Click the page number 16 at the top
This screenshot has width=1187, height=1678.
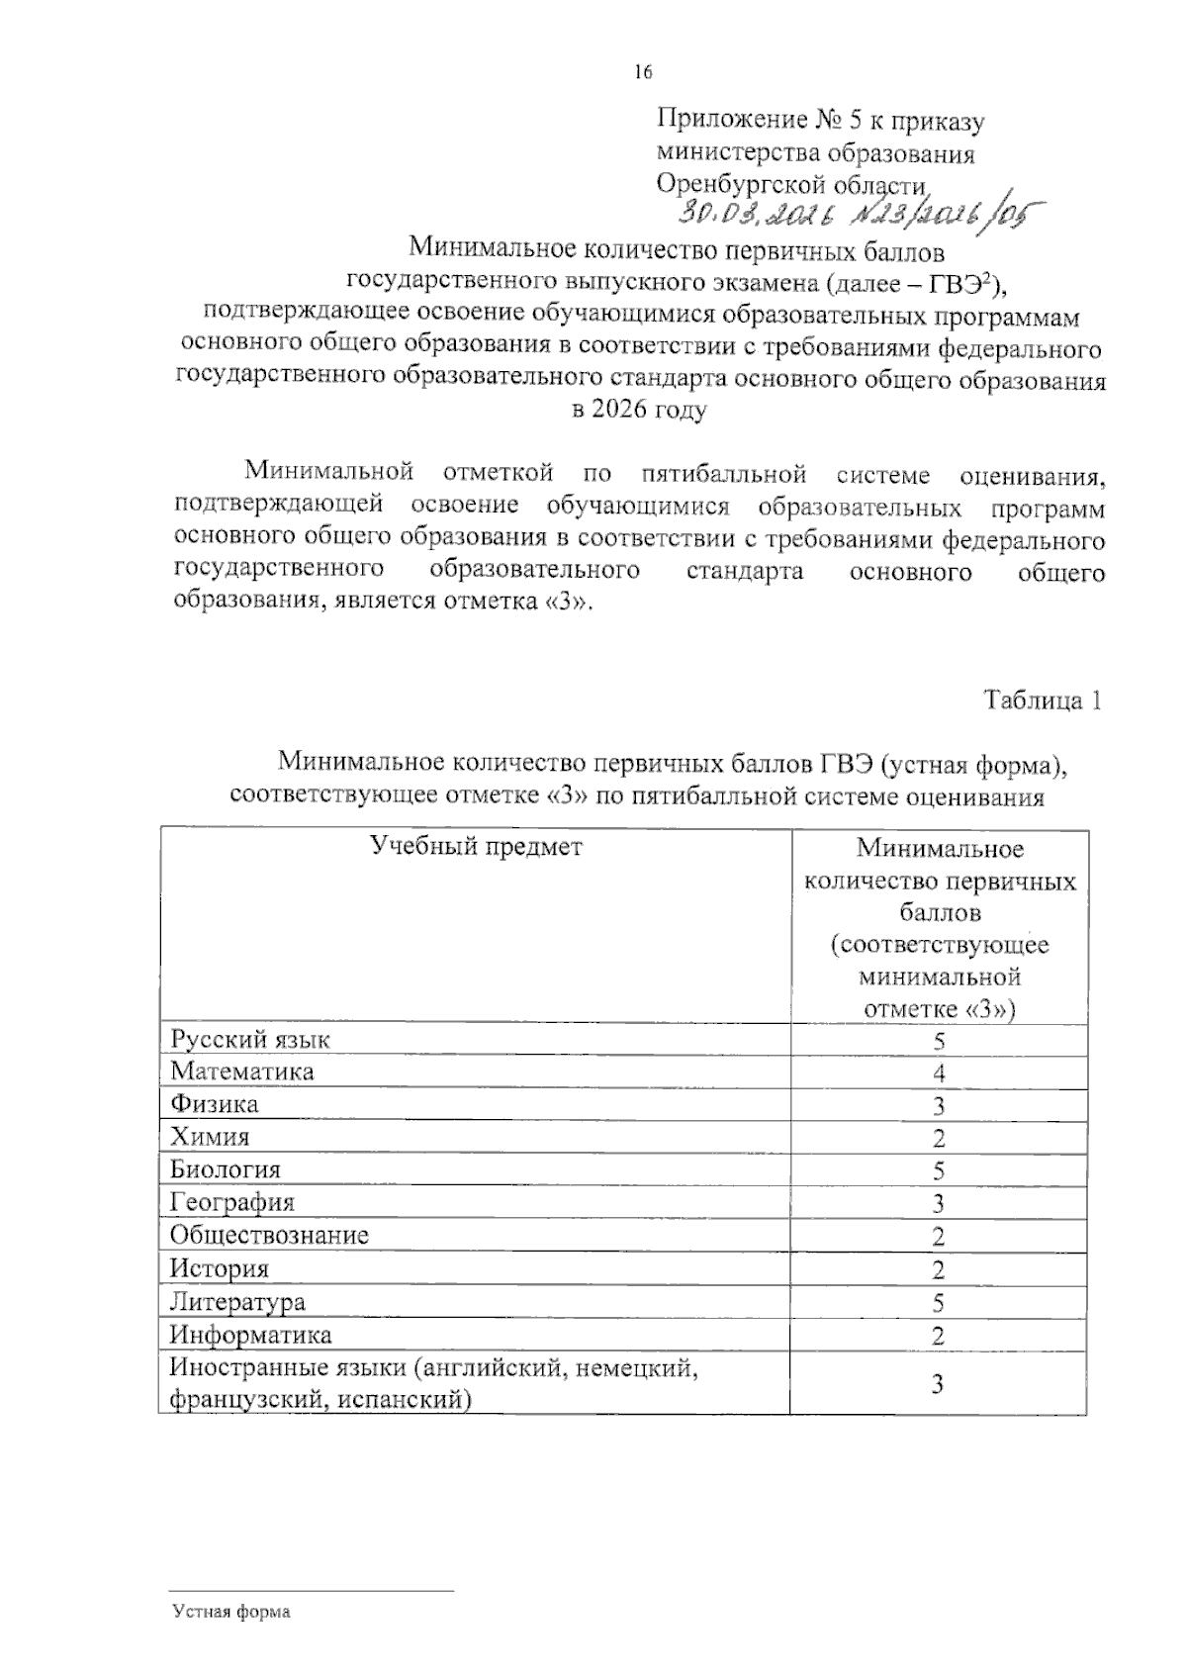click(643, 71)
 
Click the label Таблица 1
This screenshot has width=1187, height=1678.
click(1042, 700)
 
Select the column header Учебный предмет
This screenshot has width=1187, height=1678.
click(476, 846)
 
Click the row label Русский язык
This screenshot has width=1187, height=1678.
click(250, 1039)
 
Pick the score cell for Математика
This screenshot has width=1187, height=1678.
click(939, 1072)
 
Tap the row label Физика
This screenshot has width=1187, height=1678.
click(215, 1103)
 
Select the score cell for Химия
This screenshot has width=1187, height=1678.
click(939, 1138)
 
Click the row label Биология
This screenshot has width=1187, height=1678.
click(226, 1169)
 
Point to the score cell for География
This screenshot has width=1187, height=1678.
click(939, 1203)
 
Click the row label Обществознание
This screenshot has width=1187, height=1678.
click(269, 1235)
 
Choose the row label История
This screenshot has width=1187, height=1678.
click(220, 1268)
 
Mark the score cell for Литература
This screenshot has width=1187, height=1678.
click(939, 1302)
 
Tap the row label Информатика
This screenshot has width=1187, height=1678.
click(251, 1335)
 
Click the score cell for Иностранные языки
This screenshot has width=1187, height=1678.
click(939, 1383)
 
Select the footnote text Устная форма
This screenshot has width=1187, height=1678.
click(231, 1612)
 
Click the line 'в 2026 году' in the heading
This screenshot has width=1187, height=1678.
click(639, 411)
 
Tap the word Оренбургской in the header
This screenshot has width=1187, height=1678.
click(736, 184)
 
